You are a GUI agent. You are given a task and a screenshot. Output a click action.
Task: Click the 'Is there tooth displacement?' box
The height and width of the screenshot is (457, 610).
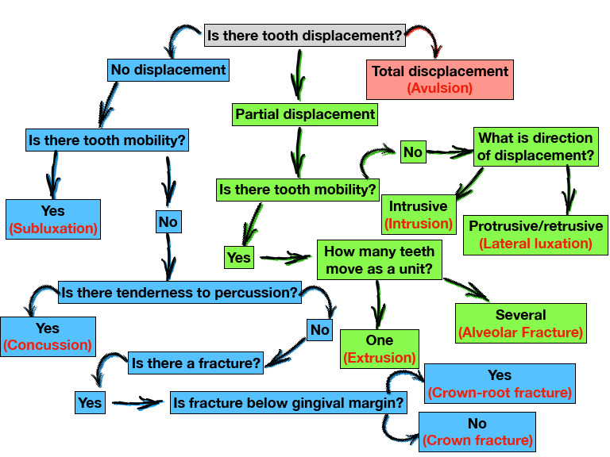point(304,36)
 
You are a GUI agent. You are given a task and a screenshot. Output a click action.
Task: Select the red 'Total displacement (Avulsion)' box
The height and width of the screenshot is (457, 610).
point(439,79)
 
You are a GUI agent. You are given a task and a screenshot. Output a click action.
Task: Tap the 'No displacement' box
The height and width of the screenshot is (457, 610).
point(168,70)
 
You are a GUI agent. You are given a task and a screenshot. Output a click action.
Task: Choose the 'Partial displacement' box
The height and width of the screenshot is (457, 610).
point(305,114)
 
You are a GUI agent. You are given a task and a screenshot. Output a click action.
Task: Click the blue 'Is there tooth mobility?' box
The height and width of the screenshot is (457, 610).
point(107,140)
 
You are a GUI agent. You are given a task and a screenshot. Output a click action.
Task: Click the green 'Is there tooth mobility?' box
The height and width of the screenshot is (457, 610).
point(298,190)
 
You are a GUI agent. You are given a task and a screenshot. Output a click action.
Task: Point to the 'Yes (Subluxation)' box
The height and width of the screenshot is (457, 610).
point(53,220)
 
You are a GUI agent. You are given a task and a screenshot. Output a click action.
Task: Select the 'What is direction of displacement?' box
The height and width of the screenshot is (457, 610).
point(535,147)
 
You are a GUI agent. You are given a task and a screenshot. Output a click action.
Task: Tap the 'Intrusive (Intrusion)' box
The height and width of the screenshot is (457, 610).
point(418,215)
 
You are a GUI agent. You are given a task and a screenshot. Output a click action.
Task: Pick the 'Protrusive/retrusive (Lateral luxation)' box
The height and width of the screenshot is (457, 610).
point(535,235)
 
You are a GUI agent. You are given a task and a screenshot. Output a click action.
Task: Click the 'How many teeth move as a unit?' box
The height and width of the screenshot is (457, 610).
point(379,260)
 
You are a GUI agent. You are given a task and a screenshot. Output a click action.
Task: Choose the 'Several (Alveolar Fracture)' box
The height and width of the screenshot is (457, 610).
point(521,323)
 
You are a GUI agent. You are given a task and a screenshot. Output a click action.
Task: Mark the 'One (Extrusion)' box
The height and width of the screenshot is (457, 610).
point(380,349)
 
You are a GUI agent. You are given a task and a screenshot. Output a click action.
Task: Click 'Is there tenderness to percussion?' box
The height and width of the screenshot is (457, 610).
point(180,293)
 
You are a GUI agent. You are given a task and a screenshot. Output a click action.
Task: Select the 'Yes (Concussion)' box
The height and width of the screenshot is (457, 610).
point(48,336)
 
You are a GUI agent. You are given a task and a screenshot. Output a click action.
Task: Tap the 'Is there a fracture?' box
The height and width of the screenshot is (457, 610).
point(196,364)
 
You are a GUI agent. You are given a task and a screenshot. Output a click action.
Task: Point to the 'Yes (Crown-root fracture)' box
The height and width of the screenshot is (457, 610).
point(500,383)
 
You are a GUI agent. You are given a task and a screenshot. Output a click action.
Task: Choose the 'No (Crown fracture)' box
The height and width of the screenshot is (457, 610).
point(477,432)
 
